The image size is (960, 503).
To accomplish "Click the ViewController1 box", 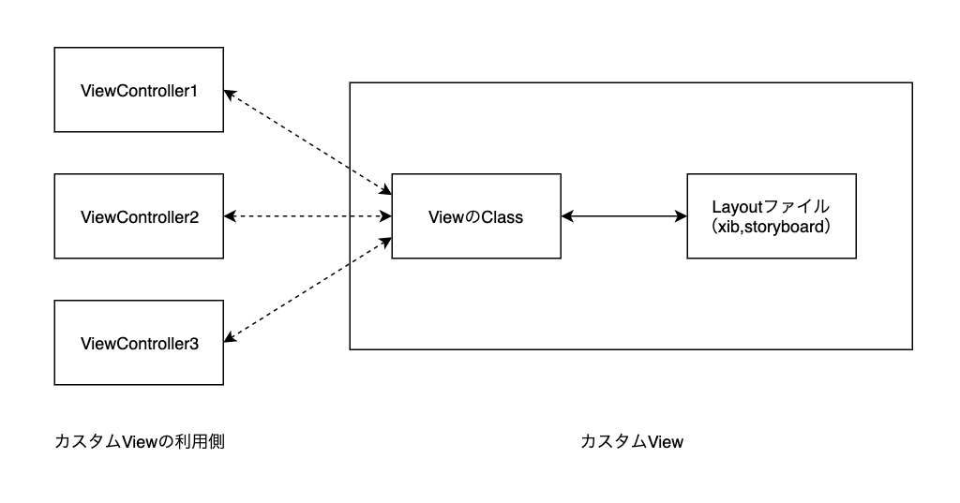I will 139,90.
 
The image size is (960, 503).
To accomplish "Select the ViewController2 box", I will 139,216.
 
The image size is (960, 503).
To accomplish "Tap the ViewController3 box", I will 139,343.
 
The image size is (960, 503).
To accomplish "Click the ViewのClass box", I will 476,216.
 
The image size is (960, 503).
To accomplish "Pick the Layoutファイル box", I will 772,216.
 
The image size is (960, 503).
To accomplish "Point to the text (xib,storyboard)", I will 772,228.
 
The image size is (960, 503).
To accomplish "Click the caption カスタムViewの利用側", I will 140,441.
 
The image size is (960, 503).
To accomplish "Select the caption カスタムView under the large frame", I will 632,441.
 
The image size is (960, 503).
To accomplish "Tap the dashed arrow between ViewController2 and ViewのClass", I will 307,216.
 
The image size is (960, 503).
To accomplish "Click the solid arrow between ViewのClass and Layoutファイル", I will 623,216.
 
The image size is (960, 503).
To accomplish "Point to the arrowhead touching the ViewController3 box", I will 230,338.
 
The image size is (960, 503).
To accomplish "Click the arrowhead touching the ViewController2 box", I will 230,216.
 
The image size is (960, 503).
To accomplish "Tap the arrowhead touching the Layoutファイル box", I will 682,216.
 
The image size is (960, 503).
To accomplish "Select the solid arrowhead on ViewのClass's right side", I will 566,216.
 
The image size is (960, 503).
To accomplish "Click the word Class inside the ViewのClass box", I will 502,216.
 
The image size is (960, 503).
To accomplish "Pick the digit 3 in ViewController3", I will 194,343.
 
